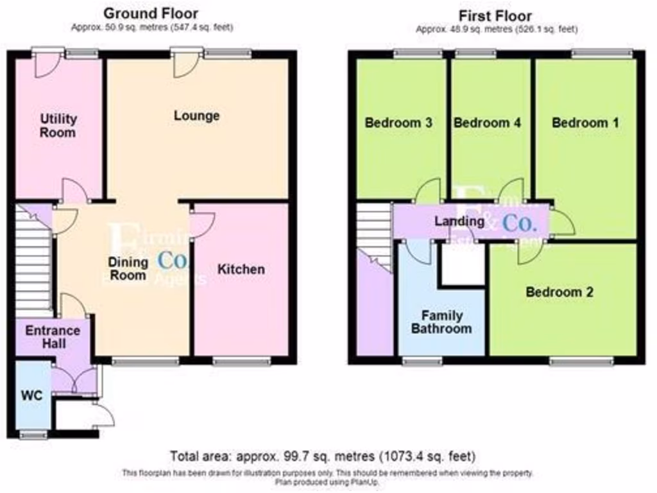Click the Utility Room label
[x=58, y=126]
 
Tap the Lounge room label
[x=196, y=116]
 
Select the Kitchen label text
[x=241, y=269]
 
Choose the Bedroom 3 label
[x=398, y=123]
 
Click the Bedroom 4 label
[x=486, y=123]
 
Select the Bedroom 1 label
[x=585, y=123]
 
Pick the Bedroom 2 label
[x=559, y=292]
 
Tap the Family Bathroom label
[x=441, y=322]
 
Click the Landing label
[x=459, y=221]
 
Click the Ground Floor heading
[x=151, y=13]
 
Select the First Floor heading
[x=495, y=15]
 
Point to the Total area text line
[x=323, y=456]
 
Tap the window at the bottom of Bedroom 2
[x=581, y=362]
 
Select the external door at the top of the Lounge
[x=182, y=63]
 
